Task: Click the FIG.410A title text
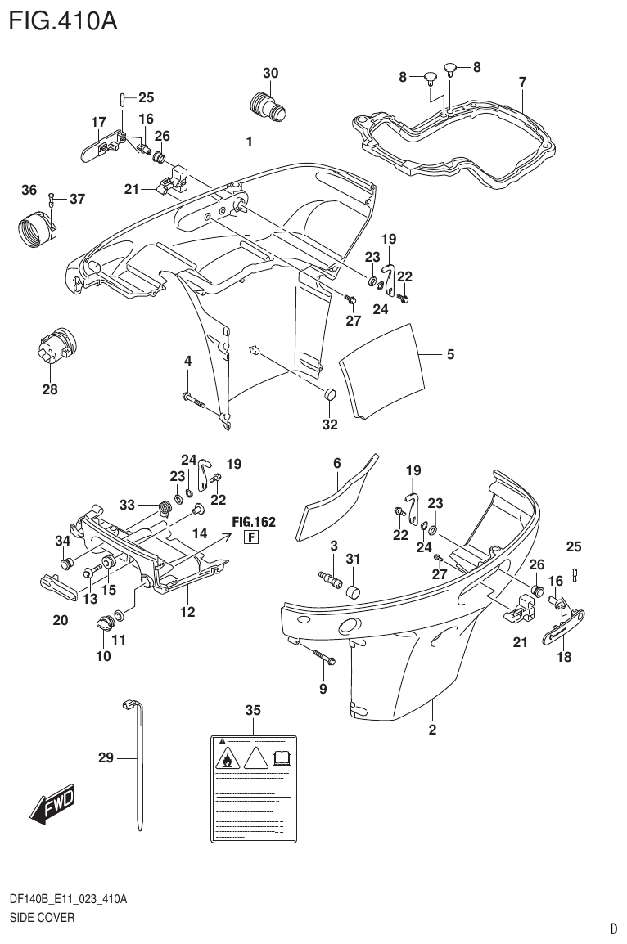(62, 20)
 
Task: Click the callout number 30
(269, 73)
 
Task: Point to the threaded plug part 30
(267, 106)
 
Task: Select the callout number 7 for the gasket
(522, 81)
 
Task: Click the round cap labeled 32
(330, 397)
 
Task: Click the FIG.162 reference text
(253, 521)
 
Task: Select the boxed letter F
(252, 537)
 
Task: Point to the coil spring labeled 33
(165, 508)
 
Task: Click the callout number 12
(187, 610)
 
